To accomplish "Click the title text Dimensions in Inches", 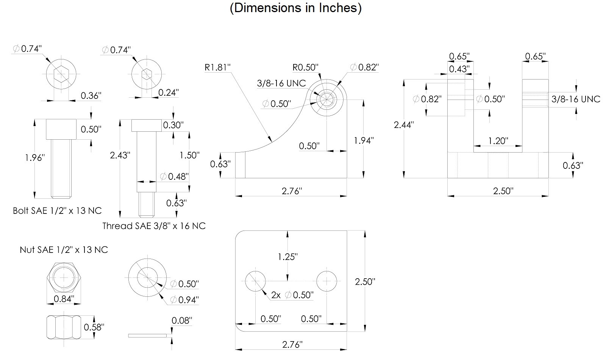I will [295, 8].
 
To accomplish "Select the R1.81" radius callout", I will [217, 67].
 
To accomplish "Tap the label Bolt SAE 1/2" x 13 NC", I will [57, 211].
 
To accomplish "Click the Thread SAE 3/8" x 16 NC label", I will [154, 226].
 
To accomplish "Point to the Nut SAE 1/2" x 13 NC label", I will [64, 250].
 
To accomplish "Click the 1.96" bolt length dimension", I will [35, 157].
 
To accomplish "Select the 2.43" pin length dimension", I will [120, 155].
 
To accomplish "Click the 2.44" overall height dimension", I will [404, 125].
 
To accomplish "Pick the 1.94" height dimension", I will [364, 140].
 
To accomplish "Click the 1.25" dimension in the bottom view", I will [287, 257].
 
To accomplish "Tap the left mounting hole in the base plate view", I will [255, 281].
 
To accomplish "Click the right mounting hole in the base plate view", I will [326, 281].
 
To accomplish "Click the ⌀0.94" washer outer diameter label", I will [184, 300].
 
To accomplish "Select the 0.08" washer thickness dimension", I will [182, 321].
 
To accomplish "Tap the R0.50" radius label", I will [305, 67].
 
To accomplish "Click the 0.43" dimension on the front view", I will [459, 69].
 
